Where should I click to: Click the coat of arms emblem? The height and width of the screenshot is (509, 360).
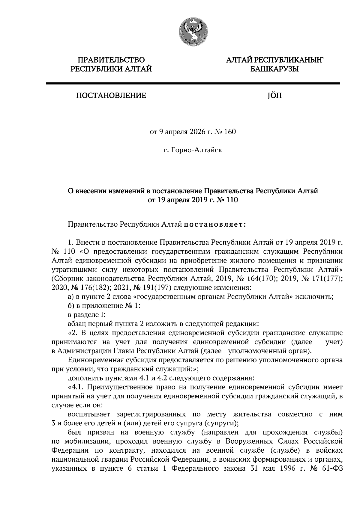click(192, 32)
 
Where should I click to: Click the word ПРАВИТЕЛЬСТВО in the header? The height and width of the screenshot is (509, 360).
click(111, 60)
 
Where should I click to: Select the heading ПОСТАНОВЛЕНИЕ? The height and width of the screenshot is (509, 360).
click(111, 96)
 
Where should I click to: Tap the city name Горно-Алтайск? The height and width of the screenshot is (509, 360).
click(192, 150)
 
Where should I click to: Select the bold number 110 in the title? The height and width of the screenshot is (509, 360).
click(232, 200)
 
